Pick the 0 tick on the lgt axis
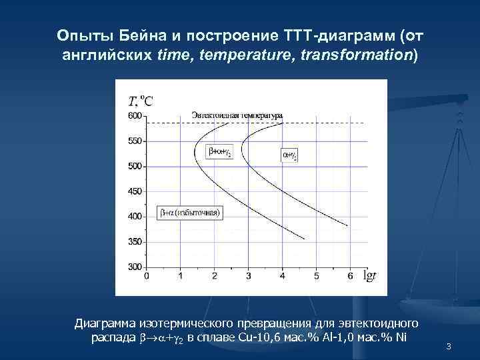pos(146,275)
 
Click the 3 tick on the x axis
pos(248,275)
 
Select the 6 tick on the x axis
pos(350,275)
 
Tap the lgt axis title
pos(369,275)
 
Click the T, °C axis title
pos(141,101)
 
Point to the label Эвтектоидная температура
pos(237,115)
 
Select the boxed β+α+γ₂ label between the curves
pos(221,153)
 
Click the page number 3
pos(449,346)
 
